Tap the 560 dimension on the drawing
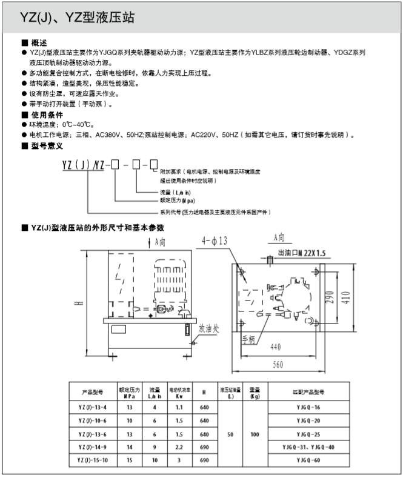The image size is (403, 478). click(x=278, y=365)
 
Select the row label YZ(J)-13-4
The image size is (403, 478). click(x=93, y=407)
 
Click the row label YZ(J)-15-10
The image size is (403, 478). click(x=93, y=461)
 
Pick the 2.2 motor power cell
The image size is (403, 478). click(x=179, y=448)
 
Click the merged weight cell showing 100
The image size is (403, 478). click(x=255, y=434)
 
